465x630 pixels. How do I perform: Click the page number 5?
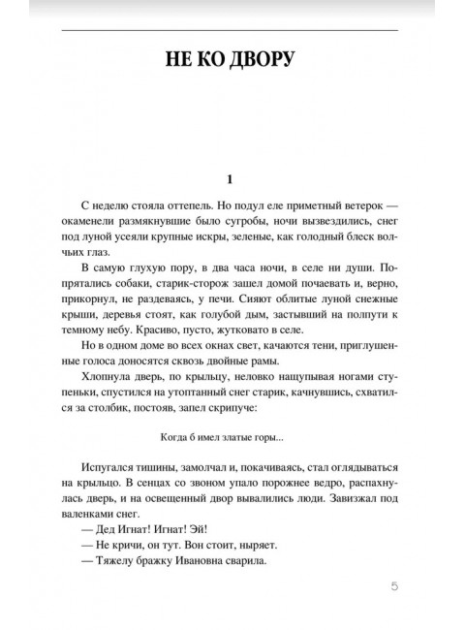[x=393, y=585]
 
